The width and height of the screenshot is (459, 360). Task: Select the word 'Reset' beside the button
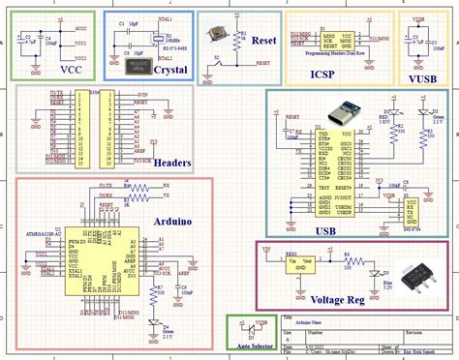tap(263, 42)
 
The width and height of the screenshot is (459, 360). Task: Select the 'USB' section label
tap(325, 230)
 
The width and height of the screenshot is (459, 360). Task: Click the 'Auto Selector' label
tap(250, 345)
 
